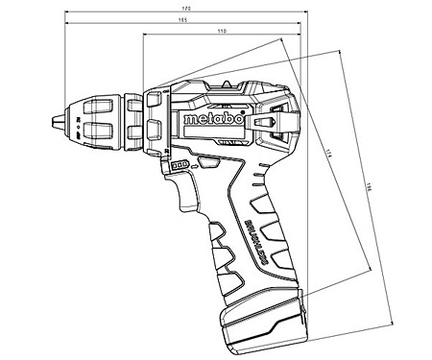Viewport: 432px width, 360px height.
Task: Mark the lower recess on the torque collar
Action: (x=130, y=133)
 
